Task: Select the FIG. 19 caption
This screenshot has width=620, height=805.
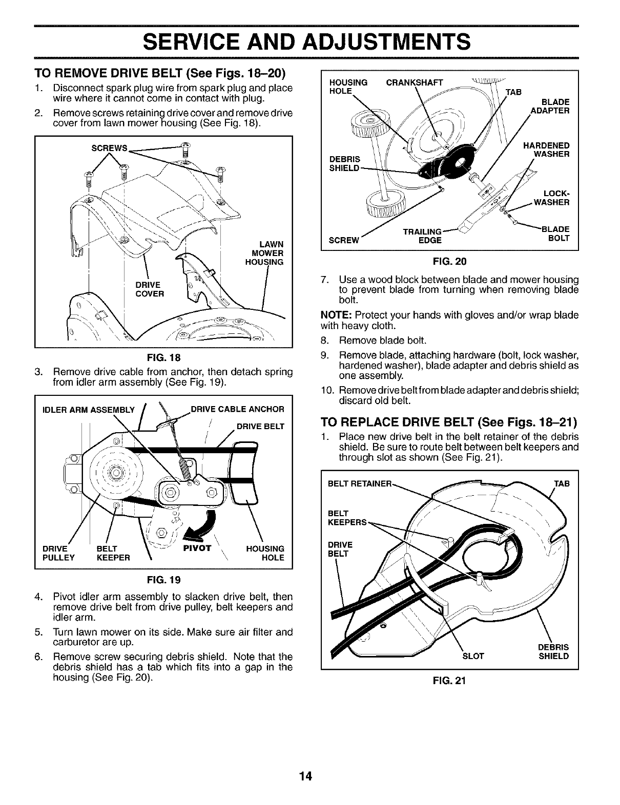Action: coord(163,581)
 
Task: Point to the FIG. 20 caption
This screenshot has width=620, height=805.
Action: coord(449,262)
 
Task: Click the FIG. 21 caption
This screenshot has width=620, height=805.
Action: coord(449,682)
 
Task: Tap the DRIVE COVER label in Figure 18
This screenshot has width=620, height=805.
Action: coord(150,289)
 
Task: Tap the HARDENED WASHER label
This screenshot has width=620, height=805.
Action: coord(546,150)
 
